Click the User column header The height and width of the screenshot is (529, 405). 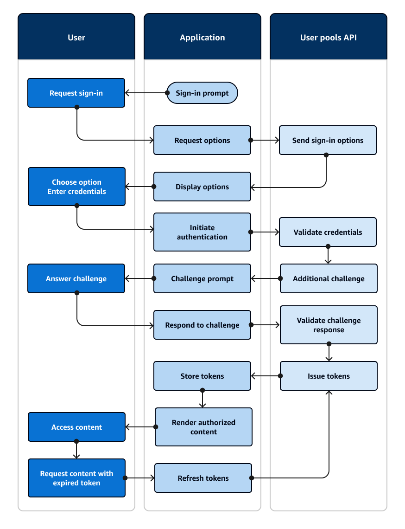76,37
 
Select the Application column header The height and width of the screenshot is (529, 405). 202,37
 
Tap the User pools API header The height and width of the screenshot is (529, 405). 328,37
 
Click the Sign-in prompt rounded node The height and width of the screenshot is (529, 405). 202,93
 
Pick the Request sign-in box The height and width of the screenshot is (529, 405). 76,93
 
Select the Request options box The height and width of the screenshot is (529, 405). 202,140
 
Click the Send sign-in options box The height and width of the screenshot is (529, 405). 328,140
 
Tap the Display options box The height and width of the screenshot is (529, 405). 202,187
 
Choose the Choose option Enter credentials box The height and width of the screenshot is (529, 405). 76,187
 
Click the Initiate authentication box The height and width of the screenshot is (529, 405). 202,232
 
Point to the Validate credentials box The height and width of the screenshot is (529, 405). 328,232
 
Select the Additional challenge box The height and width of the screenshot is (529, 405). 329,278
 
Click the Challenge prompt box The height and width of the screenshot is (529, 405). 202,278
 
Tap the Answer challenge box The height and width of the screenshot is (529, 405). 76,278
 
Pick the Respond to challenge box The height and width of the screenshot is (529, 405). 202,325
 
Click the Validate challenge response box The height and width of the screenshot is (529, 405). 329,325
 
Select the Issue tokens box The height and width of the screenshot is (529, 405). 329,376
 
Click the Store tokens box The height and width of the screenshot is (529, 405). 202,376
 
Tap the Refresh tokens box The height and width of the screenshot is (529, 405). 203,478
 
